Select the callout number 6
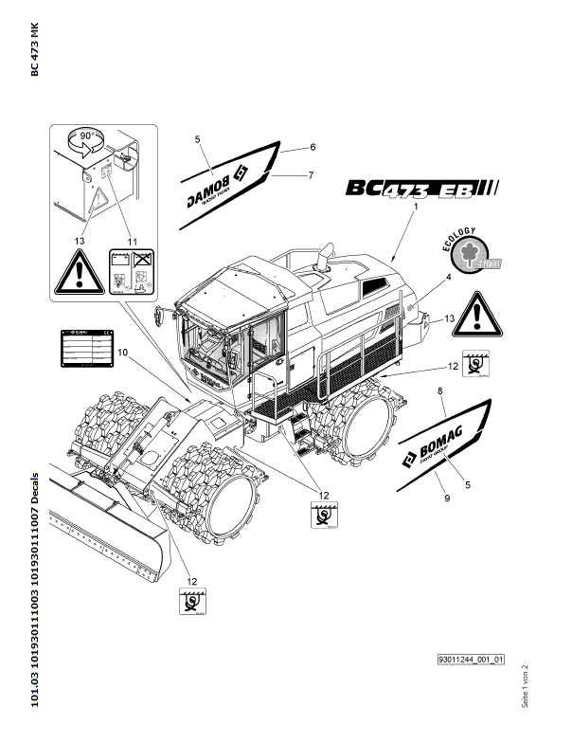(x=312, y=147)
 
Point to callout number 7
(x=310, y=174)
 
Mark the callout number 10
(x=121, y=353)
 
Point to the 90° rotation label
(x=85, y=137)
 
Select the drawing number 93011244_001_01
(x=471, y=659)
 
